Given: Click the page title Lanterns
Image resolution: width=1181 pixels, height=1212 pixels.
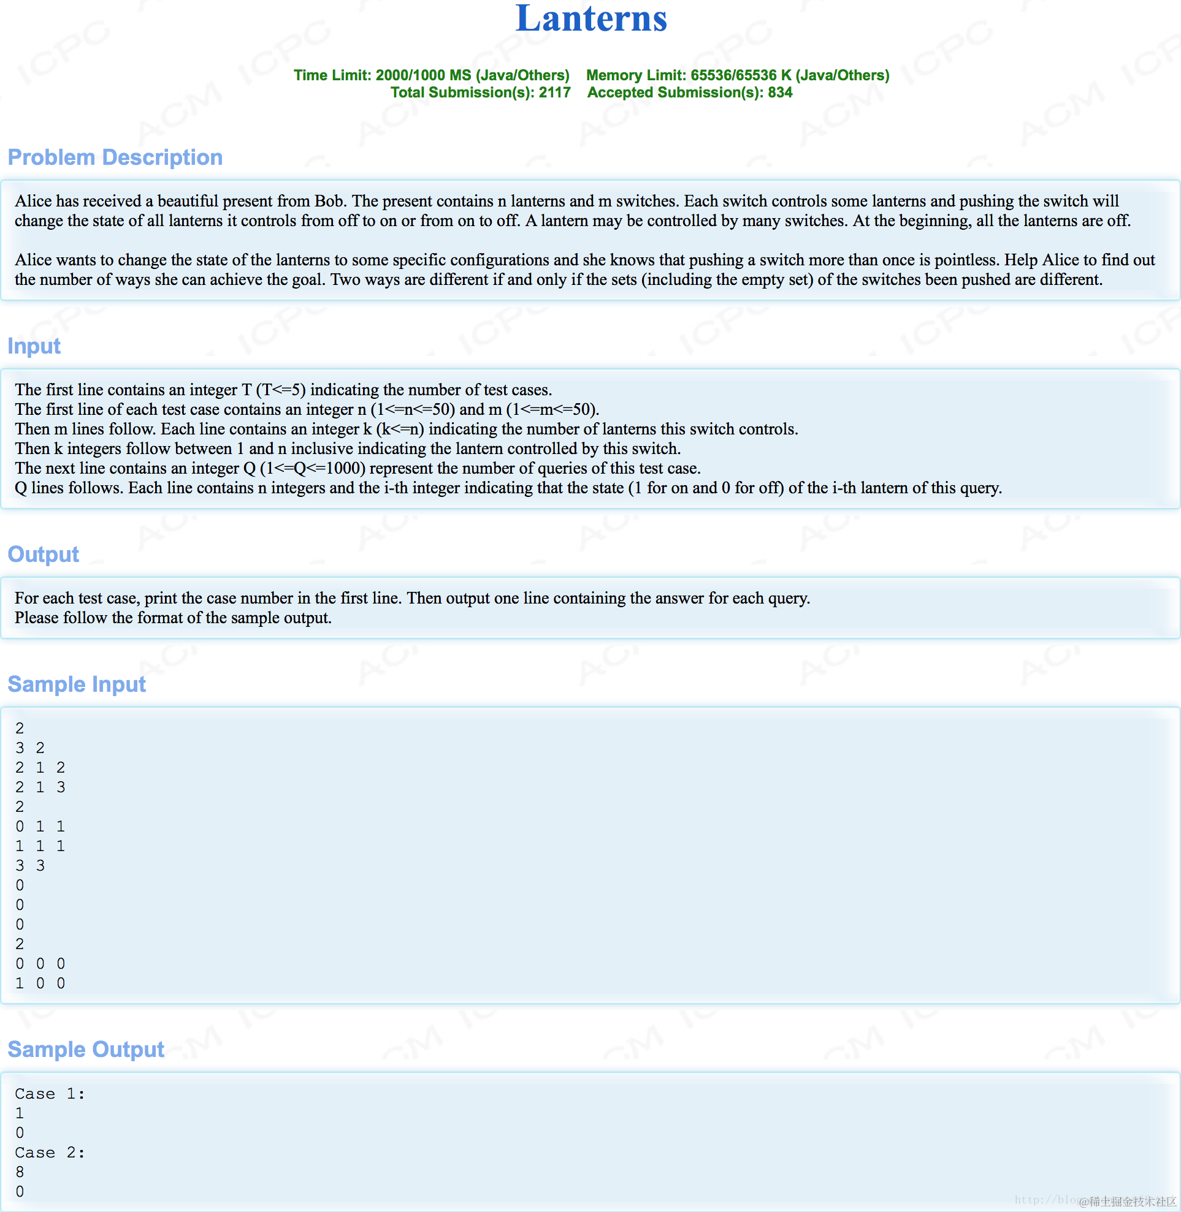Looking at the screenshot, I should click(591, 18).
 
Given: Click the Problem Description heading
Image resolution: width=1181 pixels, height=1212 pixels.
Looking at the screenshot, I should click(115, 157).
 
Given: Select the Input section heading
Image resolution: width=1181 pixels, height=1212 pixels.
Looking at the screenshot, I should click(34, 346).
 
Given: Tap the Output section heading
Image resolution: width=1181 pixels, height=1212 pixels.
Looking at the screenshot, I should click(44, 555).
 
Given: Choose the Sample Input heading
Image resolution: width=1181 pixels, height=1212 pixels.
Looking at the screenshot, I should click(77, 684).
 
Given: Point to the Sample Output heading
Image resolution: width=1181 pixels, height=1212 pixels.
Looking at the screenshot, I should click(86, 1050).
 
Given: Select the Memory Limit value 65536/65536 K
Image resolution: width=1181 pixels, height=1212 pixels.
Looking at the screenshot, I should click(741, 75).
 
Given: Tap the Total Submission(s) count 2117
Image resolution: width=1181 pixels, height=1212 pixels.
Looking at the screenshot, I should click(554, 93).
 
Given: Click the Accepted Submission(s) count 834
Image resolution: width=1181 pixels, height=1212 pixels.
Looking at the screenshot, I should click(780, 93).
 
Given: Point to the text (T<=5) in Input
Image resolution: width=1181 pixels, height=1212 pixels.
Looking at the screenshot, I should click(280, 390).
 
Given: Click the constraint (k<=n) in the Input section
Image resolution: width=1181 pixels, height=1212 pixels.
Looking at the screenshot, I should click(399, 429).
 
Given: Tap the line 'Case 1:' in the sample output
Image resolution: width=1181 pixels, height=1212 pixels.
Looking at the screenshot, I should click(50, 1094).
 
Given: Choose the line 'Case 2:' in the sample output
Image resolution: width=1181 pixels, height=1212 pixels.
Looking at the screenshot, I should click(50, 1153).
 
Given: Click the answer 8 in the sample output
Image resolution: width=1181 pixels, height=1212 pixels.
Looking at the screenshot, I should click(20, 1172).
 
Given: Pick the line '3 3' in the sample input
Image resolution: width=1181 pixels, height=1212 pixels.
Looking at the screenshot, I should click(30, 865).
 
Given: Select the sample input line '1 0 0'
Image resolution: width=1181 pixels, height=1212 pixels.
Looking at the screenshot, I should click(40, 983).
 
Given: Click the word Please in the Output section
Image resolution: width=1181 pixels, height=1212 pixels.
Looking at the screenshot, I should click(37, 618).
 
